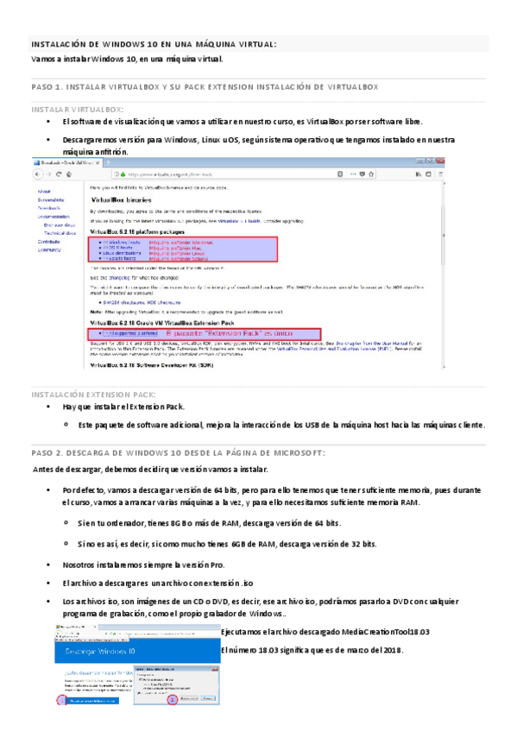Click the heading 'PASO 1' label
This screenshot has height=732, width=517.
(47, 88)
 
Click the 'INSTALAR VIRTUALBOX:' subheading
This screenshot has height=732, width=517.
(77, 110)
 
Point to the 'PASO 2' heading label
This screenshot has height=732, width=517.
(47, 451)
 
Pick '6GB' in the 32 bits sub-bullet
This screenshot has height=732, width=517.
(243, 544)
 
